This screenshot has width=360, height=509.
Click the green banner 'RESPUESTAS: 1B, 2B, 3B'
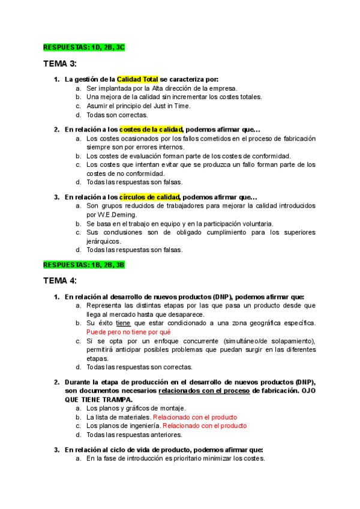pyautogui.click(x=83, y=264)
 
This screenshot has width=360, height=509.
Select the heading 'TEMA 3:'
pyautogui.click(x=60, y=64)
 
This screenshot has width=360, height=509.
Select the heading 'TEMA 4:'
pyautogui.click(x=60, y=281)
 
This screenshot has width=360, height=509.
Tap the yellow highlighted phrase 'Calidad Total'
pyautogui.click(x=137, y=79)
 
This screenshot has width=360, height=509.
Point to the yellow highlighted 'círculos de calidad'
pyautogui.click(x=149, y=196)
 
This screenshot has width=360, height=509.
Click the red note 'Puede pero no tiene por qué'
pyautogui.click(x=128, y=331)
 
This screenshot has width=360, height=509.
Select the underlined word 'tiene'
pyautogui.click(x=123, y=323)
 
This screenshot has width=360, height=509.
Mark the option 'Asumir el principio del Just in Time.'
pyautogui.click(x=138, y=106)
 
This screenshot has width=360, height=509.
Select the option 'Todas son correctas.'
pyautogui.click(x=116, y=115)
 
